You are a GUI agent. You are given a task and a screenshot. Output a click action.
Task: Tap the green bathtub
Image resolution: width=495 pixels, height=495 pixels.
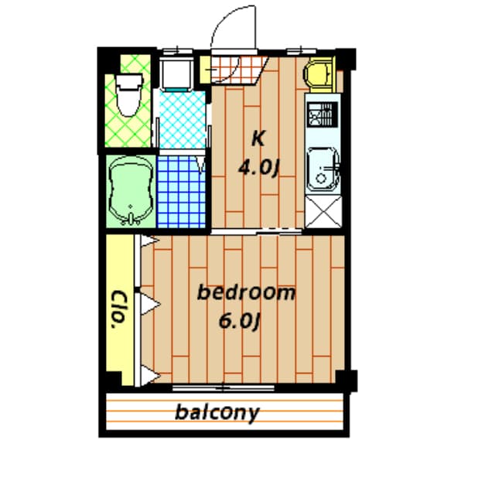[130, 192]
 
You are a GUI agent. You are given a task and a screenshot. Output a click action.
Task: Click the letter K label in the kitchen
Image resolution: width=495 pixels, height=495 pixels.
[258, 139]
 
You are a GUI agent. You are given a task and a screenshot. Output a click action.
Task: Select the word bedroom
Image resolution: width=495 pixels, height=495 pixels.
[246, 293]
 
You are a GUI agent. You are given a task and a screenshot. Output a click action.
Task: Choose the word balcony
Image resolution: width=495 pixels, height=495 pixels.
[217, 412]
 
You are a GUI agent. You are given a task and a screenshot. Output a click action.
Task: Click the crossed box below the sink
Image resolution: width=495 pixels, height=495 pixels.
[322, 212]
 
